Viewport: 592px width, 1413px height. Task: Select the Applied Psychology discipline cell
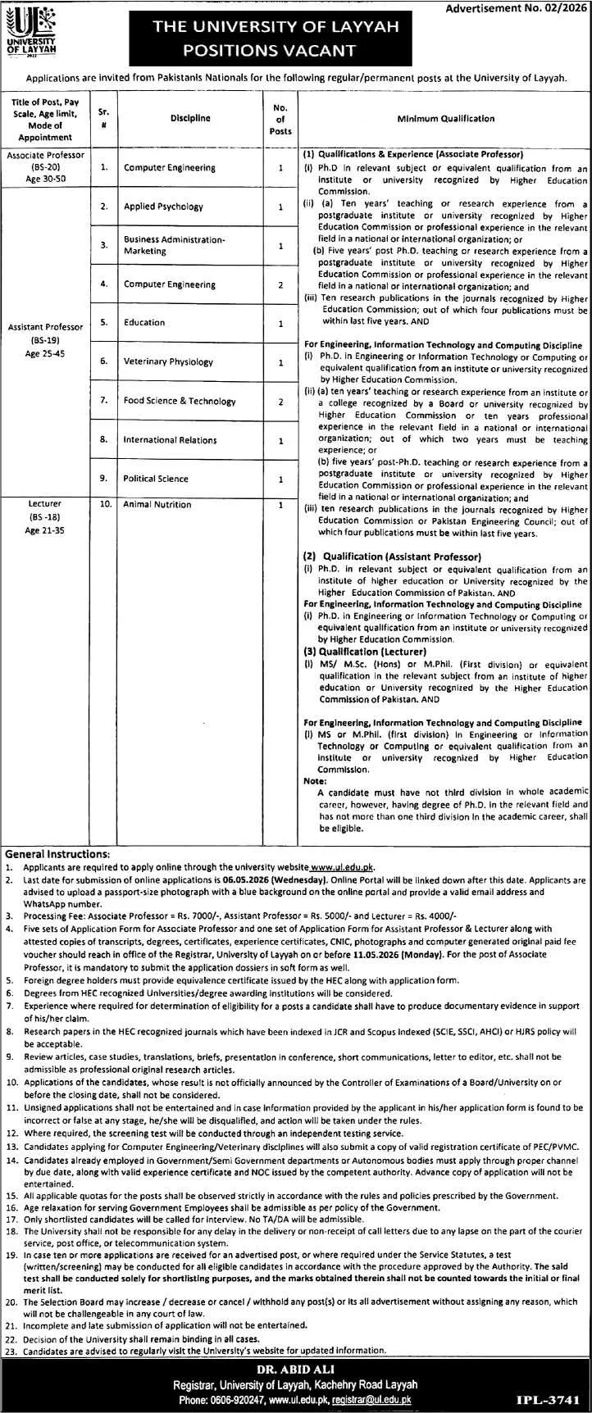[163, 207]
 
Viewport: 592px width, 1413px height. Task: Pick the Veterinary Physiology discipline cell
[168, 361]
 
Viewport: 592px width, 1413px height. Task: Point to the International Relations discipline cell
[170, 440]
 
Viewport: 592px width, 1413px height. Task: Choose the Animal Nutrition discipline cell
[157, 505]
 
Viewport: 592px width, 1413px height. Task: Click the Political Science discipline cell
[156, 479]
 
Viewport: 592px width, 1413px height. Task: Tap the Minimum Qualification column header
[445, 118]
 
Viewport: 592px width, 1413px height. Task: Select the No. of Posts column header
[280, 118]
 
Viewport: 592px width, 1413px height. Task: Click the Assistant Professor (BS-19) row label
[45, 337]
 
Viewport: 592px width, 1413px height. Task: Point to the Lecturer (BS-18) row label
[45, 516]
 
